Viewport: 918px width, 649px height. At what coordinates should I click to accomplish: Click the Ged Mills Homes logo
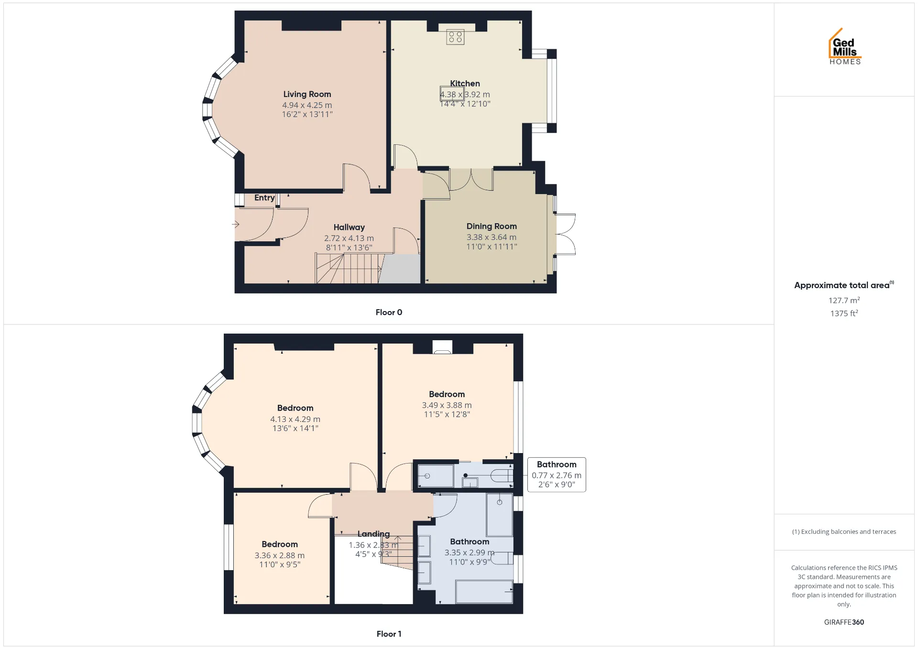(x=845, y=46)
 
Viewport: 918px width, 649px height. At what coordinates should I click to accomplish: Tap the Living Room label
(x=307, y=94)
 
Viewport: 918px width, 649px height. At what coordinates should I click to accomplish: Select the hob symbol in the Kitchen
(x=455, y=37)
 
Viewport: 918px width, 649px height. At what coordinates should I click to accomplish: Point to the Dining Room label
(x=492, y=226)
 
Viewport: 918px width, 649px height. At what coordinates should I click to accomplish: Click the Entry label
(x=264, y=198)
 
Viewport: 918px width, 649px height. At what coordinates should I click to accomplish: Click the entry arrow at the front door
(x=236, y=224)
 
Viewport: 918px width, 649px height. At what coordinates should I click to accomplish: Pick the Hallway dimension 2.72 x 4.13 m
(x=349, y=238)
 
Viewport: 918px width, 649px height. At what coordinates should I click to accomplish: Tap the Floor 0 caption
(x=389, y=312)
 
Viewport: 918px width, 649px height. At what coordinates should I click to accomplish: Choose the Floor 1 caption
(x=389, y=634)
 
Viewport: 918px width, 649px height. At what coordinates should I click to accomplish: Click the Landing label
(x=373, y=534)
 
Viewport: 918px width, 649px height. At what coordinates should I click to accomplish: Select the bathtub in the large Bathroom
(x=484, y=592)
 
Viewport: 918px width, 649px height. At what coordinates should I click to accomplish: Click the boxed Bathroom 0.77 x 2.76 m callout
(x=557, y=475)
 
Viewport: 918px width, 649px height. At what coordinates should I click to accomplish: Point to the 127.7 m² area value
(x=844, y=300)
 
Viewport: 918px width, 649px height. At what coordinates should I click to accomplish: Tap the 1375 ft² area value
(x=844, y=313)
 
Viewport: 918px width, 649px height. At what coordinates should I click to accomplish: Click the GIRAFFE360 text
(x=844, y=622)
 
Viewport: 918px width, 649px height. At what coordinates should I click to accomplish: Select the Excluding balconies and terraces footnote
(x=844, y=531)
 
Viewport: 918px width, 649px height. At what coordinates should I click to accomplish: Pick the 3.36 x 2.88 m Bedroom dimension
(x=280, y=555)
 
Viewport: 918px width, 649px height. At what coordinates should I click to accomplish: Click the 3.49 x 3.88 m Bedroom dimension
(x=447, y=405)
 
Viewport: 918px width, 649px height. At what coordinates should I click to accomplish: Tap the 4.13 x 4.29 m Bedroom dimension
(x=295, y=419)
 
